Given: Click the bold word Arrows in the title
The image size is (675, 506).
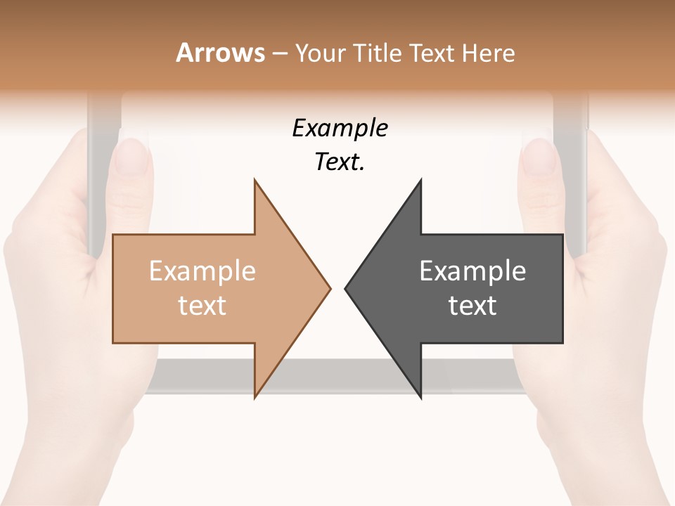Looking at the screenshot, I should click(220, 53).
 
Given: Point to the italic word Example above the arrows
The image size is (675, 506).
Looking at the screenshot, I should click(340, 129).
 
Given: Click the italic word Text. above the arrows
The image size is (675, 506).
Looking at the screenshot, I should click(340, 162).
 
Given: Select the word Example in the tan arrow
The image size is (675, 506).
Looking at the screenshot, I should click(202, 271).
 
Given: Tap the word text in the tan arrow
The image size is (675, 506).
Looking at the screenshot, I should click(202, 306).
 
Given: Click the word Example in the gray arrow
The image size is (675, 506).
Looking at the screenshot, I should click(472, 271).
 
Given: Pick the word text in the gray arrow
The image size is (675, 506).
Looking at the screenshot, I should click(472, 306).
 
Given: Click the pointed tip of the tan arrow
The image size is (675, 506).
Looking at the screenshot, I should click(330, 287).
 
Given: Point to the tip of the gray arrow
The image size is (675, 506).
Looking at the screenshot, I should click(346, 287).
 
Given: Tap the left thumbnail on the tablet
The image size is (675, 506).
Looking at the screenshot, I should click(132, 156).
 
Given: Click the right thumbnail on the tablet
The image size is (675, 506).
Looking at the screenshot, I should click(540, 156).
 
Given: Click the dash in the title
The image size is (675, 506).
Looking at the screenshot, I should click(279, 53).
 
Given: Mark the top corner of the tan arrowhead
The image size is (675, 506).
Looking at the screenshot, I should click(255, 180).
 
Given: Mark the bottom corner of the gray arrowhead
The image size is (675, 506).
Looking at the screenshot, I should click(420, 398).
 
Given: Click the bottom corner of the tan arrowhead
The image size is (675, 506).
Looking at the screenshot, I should click(255, 397).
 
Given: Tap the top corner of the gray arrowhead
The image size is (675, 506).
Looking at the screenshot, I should click(420, 180).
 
